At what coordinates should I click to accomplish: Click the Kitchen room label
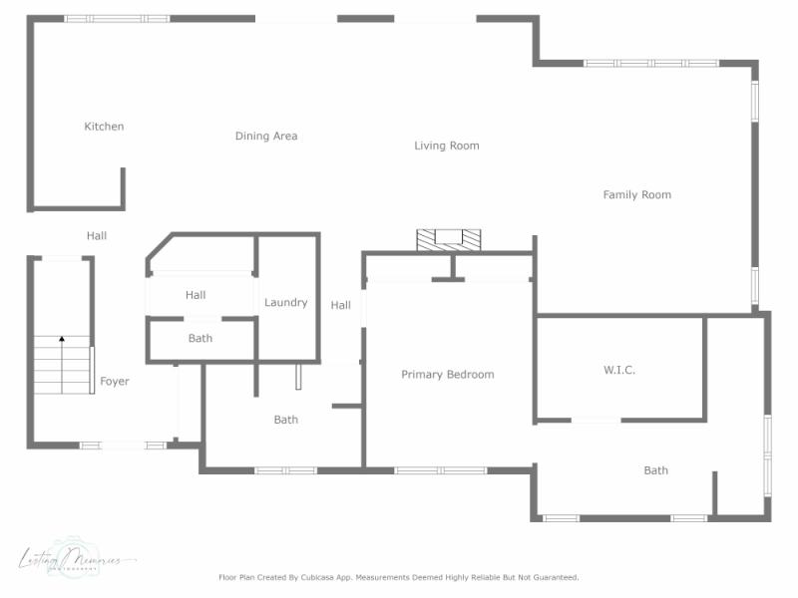point(104,127)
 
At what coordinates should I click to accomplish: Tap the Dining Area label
point(266,137)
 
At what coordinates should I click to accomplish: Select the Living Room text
point(447,146)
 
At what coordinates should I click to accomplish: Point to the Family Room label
point(637,195)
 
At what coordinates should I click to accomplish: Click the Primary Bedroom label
point(448,375)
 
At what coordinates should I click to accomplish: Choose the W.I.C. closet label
point(619,370)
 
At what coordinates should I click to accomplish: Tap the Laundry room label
point(286,303)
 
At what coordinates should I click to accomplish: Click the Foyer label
point(115,382)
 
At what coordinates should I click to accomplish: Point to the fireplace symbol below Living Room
point(448,239)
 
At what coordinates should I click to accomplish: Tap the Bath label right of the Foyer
point(286,421)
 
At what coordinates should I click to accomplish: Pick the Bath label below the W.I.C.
point(656,470)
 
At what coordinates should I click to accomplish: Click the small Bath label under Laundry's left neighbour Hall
point(200,339)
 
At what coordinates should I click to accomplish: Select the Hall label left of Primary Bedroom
point(341,306)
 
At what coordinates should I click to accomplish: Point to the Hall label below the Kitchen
point(97,236)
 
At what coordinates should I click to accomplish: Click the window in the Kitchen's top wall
point(117,18)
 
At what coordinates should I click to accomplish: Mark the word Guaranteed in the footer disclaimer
point(553,577)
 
